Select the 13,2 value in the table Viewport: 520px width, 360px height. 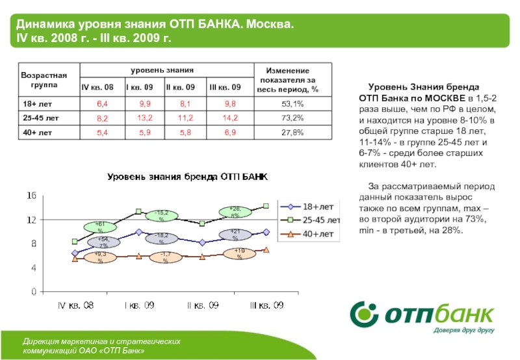(x=145, y=118)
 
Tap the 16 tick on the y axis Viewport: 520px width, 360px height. (x=31, y=196)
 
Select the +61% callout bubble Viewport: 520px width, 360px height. (x=101, y=227)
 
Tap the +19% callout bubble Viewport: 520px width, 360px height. (x=239, y=253)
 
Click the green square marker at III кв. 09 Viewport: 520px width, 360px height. (x=266, y=206)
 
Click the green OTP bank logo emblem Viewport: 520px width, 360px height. (x=366, y=315)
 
